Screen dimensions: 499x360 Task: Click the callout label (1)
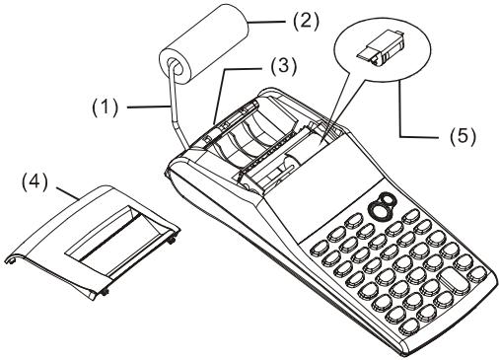(105, 108)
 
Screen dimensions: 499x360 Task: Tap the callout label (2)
(306, 22)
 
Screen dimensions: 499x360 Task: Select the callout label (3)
(284, 66)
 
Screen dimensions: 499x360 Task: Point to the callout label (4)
(35, 181)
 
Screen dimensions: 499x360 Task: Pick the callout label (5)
(463, 136)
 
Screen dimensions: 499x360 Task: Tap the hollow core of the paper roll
(175, 66)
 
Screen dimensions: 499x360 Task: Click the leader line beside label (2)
(265, 22)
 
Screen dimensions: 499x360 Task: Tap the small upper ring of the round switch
(388, 198)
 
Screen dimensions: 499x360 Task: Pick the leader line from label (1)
(149, 108)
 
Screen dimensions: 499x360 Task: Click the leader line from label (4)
(68, 193)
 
